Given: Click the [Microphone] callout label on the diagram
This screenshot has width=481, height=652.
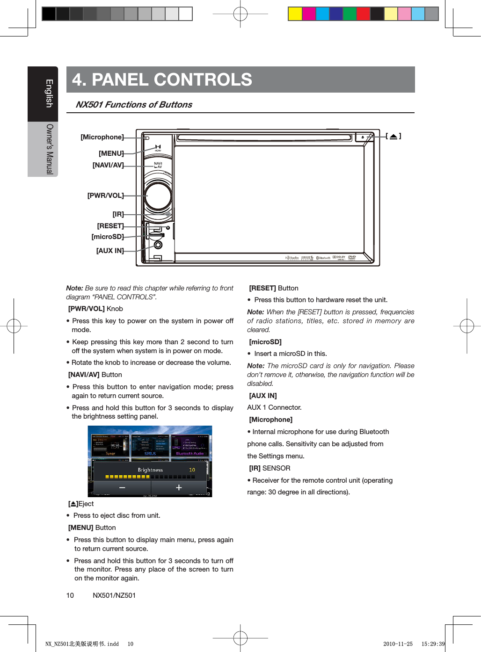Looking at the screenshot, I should [102, 137].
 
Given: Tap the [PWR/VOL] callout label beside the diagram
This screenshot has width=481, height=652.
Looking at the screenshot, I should [106, 196].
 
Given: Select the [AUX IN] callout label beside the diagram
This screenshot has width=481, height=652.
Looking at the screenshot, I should [110, 251].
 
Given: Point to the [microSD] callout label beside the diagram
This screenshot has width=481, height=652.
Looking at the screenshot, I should [108, 237].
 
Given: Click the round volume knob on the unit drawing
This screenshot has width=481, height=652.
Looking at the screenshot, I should [158, 196].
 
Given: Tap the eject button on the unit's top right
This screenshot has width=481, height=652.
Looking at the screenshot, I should [363, 137].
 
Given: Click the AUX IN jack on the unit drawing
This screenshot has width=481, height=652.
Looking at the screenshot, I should [158, 245].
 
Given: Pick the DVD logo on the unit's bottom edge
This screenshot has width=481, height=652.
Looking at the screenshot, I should [352, 257].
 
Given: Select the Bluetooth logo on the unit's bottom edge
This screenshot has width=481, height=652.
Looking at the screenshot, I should [323, 258].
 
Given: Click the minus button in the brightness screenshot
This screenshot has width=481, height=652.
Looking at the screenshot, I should [122, 487].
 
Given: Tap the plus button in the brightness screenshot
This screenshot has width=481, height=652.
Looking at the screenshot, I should [179, 487].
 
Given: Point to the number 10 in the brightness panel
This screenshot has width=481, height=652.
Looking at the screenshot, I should [192, 470].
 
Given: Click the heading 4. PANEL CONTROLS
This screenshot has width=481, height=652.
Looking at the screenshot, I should [162, 80].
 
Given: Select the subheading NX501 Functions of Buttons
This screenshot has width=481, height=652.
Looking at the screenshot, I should [134, 105].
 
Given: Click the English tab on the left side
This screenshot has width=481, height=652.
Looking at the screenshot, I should [49, 94].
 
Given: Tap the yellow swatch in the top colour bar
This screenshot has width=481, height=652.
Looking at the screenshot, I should [295, 14].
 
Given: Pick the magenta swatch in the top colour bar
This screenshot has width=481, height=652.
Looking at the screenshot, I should [309, 14].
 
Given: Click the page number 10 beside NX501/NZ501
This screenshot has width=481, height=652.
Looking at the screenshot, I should [70, 595].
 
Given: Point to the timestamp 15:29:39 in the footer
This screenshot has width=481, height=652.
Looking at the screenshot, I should [433, 644].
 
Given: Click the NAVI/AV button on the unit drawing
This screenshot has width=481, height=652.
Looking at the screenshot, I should [158, 165].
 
